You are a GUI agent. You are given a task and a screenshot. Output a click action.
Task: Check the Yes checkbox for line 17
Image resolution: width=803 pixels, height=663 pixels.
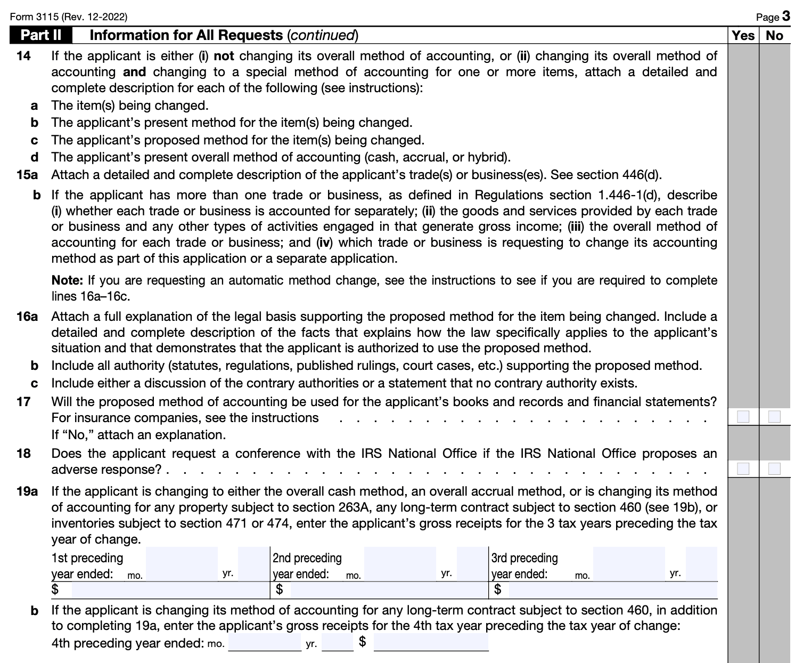click(743, 416)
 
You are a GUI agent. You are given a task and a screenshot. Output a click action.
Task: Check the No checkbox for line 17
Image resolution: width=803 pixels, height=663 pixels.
click(774, 416)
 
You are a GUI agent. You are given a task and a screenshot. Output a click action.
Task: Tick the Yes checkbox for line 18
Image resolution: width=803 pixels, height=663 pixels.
click(743, 468)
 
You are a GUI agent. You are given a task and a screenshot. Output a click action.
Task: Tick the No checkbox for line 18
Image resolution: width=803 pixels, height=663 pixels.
click(774, 468)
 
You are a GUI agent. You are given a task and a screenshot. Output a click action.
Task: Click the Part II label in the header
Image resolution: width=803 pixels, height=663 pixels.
click(40, 35)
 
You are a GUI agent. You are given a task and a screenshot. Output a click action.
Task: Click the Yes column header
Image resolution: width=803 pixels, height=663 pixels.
click(743, 35)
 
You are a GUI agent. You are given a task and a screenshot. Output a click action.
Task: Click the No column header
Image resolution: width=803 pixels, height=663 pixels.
click(774, 35)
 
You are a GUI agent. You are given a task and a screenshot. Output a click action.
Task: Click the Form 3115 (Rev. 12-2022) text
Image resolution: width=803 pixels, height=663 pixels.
click(69, 17)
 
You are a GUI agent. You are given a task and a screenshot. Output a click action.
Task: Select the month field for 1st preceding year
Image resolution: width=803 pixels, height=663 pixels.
click(182, 564)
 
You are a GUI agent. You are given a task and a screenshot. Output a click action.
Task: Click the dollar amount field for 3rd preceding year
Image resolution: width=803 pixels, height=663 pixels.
click(612, 590)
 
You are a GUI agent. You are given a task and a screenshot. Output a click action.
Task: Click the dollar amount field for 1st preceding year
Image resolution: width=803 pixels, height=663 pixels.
click(170, 590)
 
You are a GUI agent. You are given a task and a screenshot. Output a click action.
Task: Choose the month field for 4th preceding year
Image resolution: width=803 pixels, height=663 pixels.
click(265, 643)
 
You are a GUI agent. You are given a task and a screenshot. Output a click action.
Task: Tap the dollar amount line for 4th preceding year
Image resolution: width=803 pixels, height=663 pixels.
click(431, 643)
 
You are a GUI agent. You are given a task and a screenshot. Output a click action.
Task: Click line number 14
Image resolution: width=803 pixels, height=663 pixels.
click(23, 56)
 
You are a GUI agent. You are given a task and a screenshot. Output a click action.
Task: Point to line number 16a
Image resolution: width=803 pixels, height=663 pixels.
click(27, 317)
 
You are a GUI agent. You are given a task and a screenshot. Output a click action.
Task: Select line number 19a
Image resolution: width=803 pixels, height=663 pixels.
click(27, 491)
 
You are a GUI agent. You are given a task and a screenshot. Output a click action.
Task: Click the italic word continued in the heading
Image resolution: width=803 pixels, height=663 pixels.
click(322, 35)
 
